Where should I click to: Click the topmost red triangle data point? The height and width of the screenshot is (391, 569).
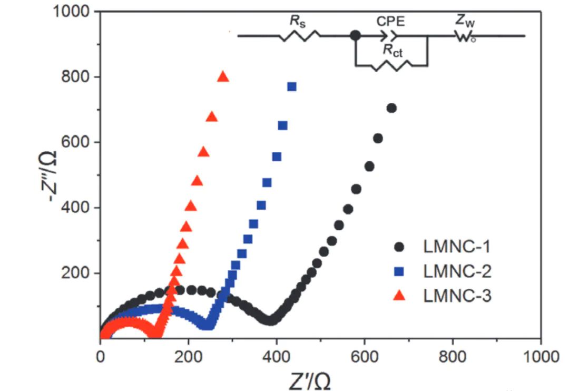point(223,77)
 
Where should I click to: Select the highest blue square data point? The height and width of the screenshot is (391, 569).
point(291,86)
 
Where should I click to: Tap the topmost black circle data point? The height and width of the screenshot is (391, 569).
point(391,108)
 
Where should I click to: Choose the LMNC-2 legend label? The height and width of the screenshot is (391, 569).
point(457,271)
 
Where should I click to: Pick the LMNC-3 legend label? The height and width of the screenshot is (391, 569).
point(457,296)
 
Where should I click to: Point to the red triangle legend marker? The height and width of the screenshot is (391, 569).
point(400,296)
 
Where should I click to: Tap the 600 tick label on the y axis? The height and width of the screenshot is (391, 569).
point(76,142)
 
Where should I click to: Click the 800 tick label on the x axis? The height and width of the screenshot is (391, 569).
point(453,357)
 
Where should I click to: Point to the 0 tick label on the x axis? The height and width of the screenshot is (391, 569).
point(100,357)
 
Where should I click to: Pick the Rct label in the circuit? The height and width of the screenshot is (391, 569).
point(393,51)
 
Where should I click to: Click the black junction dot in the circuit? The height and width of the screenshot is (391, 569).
point(356,36)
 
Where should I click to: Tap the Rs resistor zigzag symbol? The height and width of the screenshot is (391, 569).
point(299,36)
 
